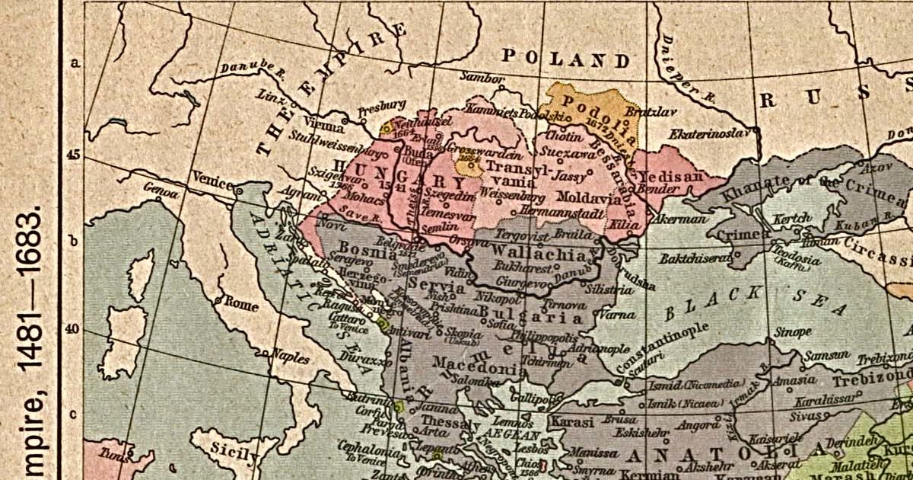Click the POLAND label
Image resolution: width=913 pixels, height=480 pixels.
(566, 59)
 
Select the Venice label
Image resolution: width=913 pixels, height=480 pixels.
(212, 177)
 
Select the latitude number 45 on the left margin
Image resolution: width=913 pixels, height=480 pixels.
(74, 154)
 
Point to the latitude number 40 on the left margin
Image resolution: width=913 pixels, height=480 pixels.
(74, 328)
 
